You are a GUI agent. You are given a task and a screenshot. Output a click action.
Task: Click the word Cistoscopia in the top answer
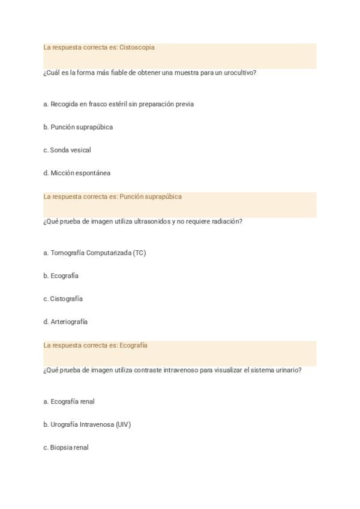(137, 47)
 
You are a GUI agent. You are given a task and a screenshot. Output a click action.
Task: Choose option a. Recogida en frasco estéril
(118, 104)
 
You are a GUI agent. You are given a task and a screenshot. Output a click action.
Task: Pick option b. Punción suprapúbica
(78, 127)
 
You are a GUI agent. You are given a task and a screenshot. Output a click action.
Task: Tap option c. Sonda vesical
(67, 150)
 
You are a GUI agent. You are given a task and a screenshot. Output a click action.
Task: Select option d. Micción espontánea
(77, 173)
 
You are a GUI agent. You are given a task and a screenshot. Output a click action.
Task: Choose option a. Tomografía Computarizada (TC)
(94, 253)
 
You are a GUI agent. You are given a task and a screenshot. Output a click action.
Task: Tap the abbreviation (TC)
(139, 253)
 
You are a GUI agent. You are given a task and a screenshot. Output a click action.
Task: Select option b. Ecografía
(61, 276)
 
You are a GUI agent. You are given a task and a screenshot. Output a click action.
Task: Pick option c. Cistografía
(63, 299)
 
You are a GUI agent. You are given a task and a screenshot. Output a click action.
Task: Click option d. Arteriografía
(65, 322)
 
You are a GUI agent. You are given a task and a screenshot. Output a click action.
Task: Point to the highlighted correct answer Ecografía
(133, 345)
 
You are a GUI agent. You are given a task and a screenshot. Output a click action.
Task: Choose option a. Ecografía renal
(69, 402)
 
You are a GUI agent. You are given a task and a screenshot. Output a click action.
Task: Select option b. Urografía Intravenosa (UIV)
(87, 424)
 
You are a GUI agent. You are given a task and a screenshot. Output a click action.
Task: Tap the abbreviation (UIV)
(123, 424)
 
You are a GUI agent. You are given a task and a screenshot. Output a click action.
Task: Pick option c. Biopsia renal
(66, 447)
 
